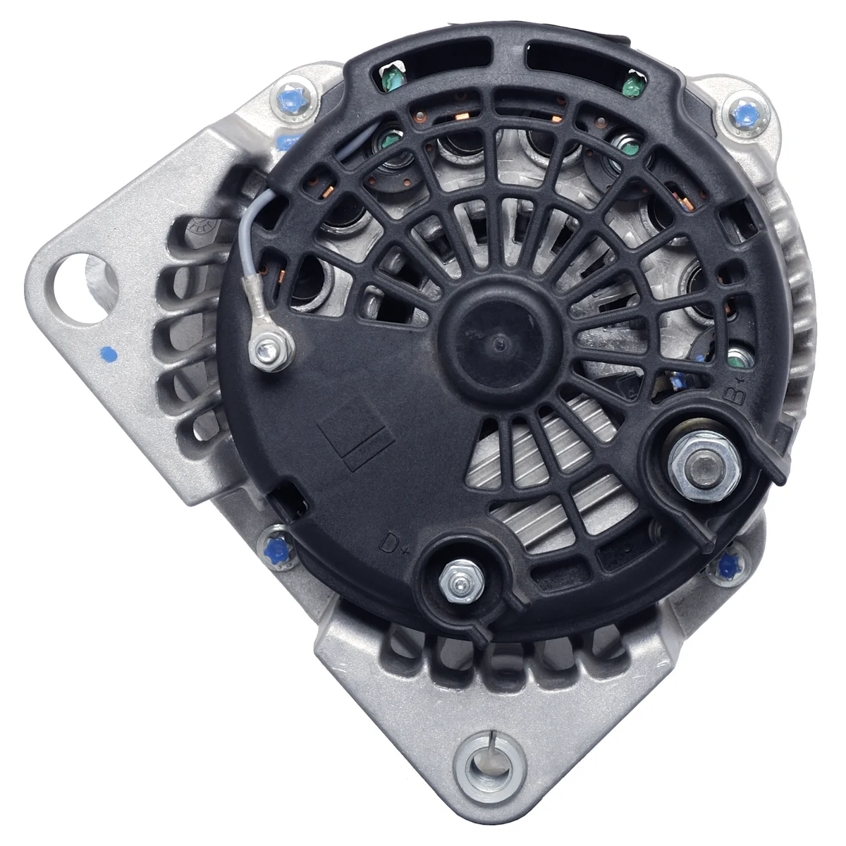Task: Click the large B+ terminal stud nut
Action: (704, 467)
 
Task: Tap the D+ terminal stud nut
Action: (460, 581)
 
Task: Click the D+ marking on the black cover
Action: (393, 544)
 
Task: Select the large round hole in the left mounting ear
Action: (82, 288)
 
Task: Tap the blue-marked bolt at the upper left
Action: (294, 102)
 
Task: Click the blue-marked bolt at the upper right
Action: (746, 115)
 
